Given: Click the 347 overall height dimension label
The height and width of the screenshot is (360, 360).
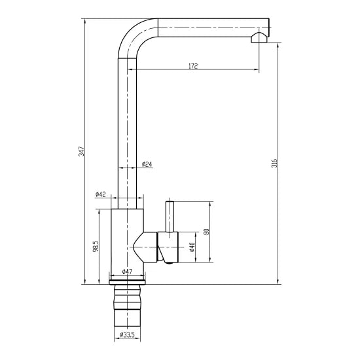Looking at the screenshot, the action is tap(82, 151).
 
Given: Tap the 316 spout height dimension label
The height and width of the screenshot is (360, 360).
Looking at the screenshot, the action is tap(275, 163).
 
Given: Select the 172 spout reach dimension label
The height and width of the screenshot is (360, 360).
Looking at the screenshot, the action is tap(193, 66).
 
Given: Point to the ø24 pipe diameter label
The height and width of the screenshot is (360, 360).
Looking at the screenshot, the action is tap(147, 164).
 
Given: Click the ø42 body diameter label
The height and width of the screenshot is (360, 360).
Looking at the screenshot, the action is tap(101, 194).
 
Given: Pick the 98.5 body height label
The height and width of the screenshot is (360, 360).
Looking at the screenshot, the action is tap(96, 246).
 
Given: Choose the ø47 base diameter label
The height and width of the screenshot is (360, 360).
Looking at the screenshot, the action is tap(127, 272).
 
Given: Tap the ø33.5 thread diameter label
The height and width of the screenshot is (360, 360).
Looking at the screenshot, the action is tap(127, 334).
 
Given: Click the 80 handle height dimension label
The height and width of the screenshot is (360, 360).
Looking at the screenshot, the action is tap(206, 232).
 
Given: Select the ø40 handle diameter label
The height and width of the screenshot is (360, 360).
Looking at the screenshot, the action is tap(192, 247).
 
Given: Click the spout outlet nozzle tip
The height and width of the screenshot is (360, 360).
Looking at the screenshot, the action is tap(259, 38).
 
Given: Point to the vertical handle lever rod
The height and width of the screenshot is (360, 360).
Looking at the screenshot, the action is tap(170, 217).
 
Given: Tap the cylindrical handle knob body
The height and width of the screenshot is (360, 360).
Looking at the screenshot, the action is tap(168, 247).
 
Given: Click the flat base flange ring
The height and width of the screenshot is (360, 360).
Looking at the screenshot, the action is tap(127, 282).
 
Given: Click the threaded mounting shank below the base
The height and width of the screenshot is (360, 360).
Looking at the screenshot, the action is tap(127, 306).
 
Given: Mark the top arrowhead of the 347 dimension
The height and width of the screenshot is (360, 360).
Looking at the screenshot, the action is tap(85, 22).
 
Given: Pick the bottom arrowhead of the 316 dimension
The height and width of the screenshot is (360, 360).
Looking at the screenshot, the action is tap(278, 281).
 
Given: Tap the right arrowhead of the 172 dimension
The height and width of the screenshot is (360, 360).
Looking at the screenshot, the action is tap(256, 69).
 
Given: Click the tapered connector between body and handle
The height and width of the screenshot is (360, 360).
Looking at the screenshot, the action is tap(145, 247).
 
